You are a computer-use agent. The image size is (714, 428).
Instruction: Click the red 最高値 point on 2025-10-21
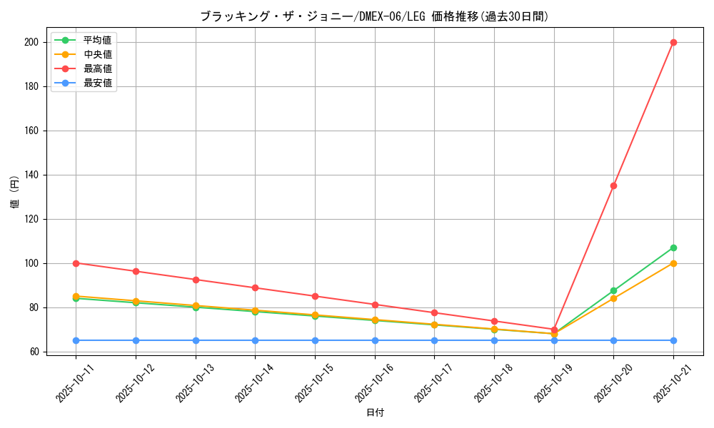pyautogui.click(x=673, y=42)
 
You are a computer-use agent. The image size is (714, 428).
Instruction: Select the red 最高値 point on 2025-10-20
pyautogui.click(x=613, y=185)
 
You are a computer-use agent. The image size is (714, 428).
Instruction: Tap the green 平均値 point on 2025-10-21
pyautogui.click(x=673, y=248)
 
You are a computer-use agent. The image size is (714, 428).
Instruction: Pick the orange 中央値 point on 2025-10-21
pyautogui.click(x=673, y=263)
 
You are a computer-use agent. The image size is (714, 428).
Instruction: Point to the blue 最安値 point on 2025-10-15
pyautogui.click(x=315, y=340)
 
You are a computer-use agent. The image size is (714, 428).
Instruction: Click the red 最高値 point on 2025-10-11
pyautogui.click(x=76, y=263)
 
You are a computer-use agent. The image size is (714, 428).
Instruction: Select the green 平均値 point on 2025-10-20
pyautogui.click(x=613, y=290)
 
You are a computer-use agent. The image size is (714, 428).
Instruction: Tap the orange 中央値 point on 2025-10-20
pyautogui.click(x=613, y=298)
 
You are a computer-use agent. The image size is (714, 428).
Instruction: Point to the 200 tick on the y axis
pyautogui.click(x=31, y=42)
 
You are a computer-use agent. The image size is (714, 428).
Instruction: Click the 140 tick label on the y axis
pyautogui.click(x=31, y=175)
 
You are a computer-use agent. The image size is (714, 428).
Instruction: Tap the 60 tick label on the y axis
pyautogui.click(x=34, y=352)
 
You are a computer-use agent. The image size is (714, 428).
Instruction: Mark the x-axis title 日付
pyautogui.click(x=375, y=413)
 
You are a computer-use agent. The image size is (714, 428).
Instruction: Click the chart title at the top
pyautogui.click(x=374, y=16)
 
